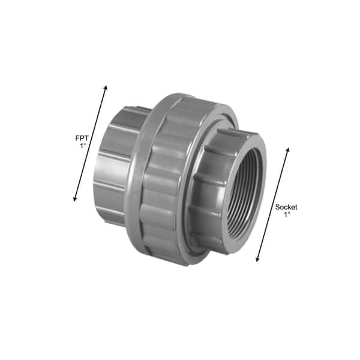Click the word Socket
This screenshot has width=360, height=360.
point(286,207)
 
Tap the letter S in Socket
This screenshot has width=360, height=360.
point(277,207)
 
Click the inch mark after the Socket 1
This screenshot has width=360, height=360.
point(289,214)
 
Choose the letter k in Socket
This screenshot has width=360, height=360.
point(289,207)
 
